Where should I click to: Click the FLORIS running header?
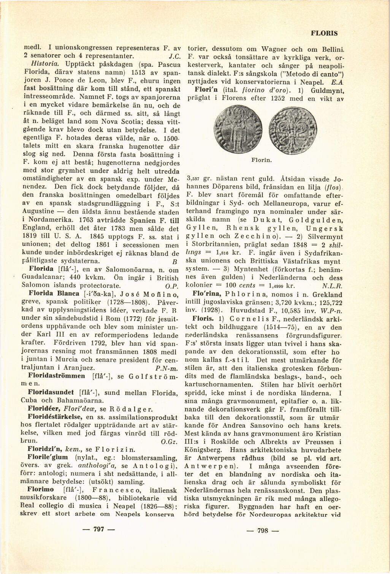[x=324, y=33]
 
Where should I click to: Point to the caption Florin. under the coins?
[x=262, y=161]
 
